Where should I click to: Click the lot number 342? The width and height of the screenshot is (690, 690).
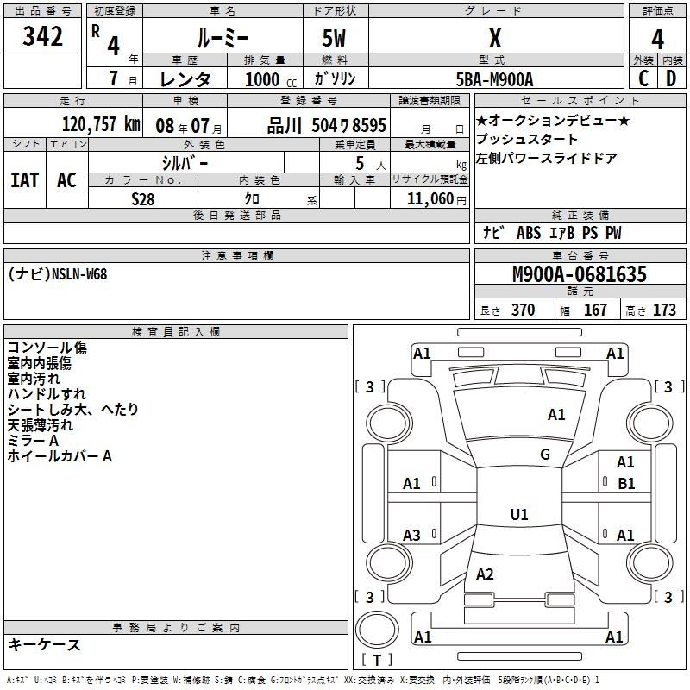click(42, 36)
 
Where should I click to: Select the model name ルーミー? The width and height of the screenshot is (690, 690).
click(223, 38)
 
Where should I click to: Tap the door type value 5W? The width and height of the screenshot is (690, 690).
click(334, 38)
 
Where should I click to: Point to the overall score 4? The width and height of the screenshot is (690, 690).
click(657, 40)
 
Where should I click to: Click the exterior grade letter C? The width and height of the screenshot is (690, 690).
click(643, 78)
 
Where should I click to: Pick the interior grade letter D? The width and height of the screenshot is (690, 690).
click(671, 78)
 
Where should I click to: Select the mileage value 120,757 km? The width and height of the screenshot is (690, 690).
click(101, 124)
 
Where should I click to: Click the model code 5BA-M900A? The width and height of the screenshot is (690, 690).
click(494, 79)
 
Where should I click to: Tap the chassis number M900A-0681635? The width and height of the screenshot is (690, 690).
click(580, 274)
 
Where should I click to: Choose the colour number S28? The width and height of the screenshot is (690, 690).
click(143, 199)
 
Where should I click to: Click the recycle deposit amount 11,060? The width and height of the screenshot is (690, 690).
click(430, 199)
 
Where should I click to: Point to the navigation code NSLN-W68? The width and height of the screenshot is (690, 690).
click(79, 274)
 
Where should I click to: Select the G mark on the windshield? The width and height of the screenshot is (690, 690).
click(545, 455)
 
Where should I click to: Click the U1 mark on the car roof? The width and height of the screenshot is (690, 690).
click(519, 514)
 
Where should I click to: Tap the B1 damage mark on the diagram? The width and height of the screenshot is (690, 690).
click(626, 484)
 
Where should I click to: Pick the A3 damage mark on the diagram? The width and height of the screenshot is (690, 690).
click(411, 536)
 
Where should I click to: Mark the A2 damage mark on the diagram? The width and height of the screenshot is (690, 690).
click(485, 574)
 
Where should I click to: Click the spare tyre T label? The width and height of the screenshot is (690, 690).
click(377, 660)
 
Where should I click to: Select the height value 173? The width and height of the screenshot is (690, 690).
click(664, 310)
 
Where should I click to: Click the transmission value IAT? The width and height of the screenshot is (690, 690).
click(25, 180)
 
